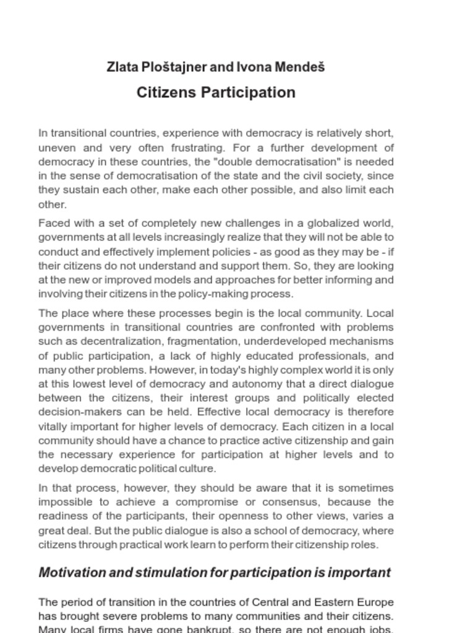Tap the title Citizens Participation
[216, 93]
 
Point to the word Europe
[372, 602]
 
